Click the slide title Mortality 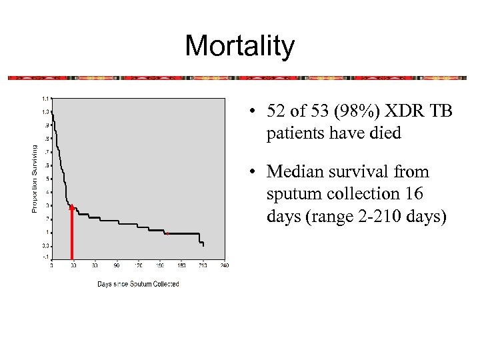coord(239,46)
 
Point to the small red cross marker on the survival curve coord(167,233)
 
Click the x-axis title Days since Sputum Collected coord(138,284)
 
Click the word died coord(384,133)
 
